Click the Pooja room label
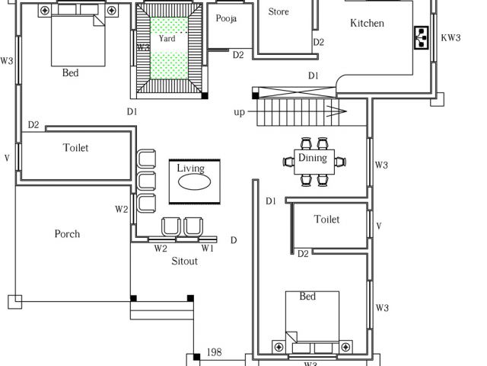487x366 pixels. click(226, 18)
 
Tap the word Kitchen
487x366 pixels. click(367, 23)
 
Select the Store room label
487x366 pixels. click(279, 12)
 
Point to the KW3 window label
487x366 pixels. click(450, 37)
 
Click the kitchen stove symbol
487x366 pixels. click(422, 37)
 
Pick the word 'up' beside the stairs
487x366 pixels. click(239, 112)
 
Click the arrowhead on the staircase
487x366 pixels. click(337, 111)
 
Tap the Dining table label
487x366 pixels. click(313, 158)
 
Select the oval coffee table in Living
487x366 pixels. click(195, 182)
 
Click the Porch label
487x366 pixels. click(67, 234)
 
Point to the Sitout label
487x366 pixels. click(184, 261)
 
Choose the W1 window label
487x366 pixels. click(207, 248)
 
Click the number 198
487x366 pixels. click(215, 352)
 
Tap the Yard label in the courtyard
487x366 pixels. click(167, 39)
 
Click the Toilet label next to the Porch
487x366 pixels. click(75, 147)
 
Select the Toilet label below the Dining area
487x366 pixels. click(326, 219)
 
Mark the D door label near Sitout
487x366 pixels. click(234, 240)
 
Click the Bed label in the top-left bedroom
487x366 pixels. click(70, 73)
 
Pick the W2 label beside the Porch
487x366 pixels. click(122, 209)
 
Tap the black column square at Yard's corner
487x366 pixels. click(205, 95)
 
